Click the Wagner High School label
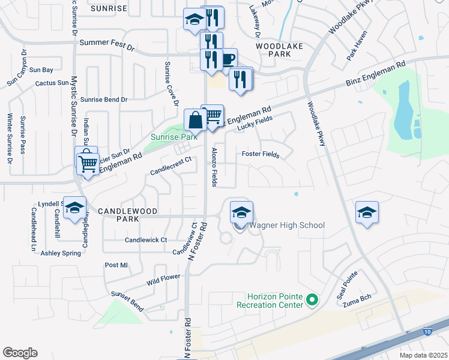286,226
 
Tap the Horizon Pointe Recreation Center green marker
312,299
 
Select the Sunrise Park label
173,137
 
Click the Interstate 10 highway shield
427,331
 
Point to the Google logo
20,353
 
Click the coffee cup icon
228,59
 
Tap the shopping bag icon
196,119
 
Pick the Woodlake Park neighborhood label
273,50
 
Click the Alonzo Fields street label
213,167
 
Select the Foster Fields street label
261,155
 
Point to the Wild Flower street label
163,280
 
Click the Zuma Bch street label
354,304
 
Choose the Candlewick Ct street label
145,240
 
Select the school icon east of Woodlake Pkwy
367,212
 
